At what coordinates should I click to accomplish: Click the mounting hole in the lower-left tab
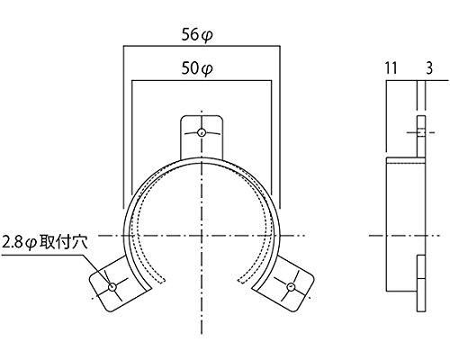pyautogui.click(x=112, y=287)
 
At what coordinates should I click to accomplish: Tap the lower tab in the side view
pyautogui.click(x=419, y=281)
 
